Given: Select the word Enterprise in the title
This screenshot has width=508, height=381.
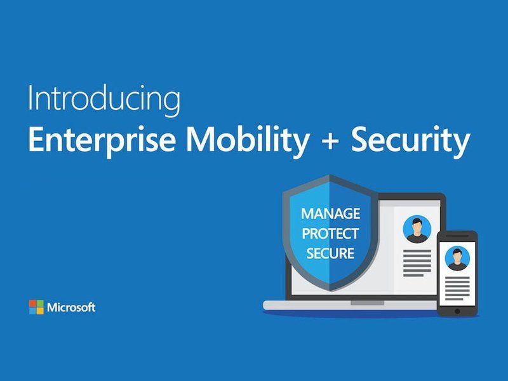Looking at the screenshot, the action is pos(102,140).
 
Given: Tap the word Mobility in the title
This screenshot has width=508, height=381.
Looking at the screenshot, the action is pos(247,140).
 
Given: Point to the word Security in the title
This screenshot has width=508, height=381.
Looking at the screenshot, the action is pos(411,140).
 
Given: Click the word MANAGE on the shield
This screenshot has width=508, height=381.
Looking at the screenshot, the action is pos(330,213).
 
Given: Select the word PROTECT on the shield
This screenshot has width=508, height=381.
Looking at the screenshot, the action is pos(330,234).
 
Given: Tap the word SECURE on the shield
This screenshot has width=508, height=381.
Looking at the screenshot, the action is pos(330,253).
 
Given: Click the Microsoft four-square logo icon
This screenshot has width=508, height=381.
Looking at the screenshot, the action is pos(36,307).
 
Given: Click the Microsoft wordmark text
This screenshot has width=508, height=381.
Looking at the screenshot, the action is pos(71,307).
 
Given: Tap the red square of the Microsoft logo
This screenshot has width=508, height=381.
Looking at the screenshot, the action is pos(32,304).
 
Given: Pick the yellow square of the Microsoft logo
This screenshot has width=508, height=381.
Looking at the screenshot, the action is pos(40,311).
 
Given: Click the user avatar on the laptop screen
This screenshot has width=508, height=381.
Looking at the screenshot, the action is pos(417,229).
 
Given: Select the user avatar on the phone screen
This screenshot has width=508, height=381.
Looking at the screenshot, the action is pos(457,258).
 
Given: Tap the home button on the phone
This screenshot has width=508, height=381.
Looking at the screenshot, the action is pos(457,311).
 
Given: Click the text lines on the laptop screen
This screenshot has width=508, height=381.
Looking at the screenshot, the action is pos(417,263).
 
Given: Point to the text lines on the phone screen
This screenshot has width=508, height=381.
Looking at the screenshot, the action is pos(457,288).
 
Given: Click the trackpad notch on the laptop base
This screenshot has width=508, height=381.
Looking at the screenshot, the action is pos(367,303).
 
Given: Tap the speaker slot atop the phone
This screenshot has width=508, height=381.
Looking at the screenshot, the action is pos(457,236).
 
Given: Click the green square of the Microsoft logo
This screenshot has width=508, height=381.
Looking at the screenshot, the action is pos(40,304).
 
